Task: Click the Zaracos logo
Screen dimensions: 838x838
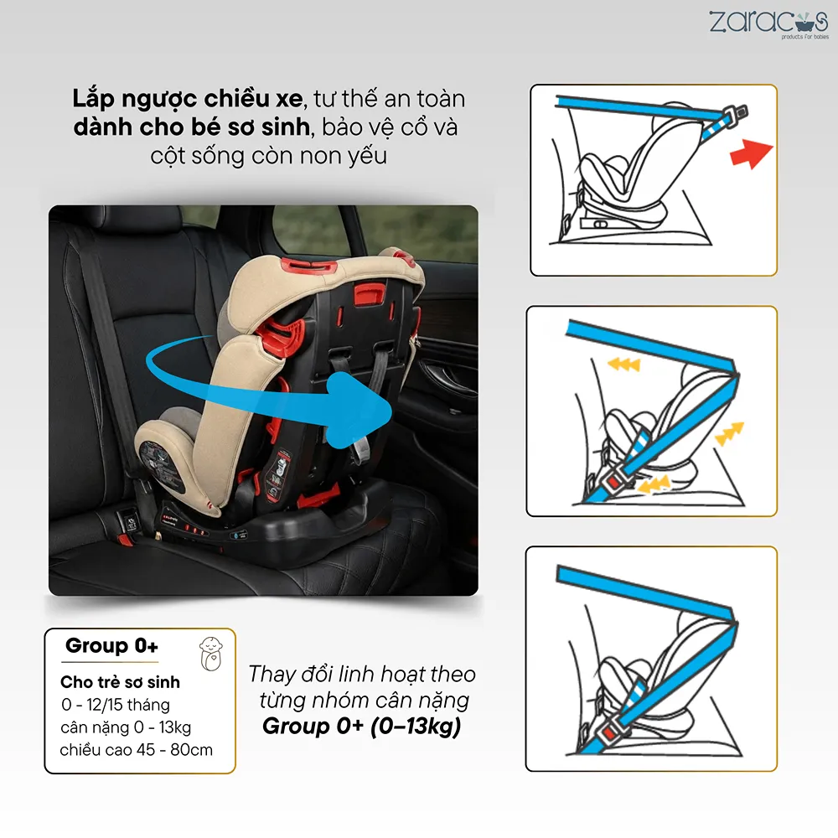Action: tap(768, 24)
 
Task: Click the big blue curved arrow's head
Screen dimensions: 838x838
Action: tap(357, 410)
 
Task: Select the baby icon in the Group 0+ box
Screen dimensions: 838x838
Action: tap(211, 654)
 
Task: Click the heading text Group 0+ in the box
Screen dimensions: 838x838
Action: tap(111, 645)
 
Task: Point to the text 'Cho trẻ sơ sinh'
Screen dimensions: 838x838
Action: tap(120, 682)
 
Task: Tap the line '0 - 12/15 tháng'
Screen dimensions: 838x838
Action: tap(116, 705)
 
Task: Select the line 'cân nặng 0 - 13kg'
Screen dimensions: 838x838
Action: tap(126, 727)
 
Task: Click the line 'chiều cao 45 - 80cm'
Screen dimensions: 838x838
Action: tap(137, 750)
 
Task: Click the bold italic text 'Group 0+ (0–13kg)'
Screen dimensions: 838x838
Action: tap(361, 727)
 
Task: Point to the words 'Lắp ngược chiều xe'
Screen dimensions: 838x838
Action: tap(188, 100)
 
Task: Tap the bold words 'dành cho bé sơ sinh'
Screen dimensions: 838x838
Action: tap(192, 127)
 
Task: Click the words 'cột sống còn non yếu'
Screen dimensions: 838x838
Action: tap(268, 156)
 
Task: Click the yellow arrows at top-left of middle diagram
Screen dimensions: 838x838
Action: tap(624, 365)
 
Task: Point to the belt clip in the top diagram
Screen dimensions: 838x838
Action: tap(736, 115)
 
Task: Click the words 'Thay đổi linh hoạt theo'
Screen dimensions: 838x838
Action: tap(362, 674)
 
